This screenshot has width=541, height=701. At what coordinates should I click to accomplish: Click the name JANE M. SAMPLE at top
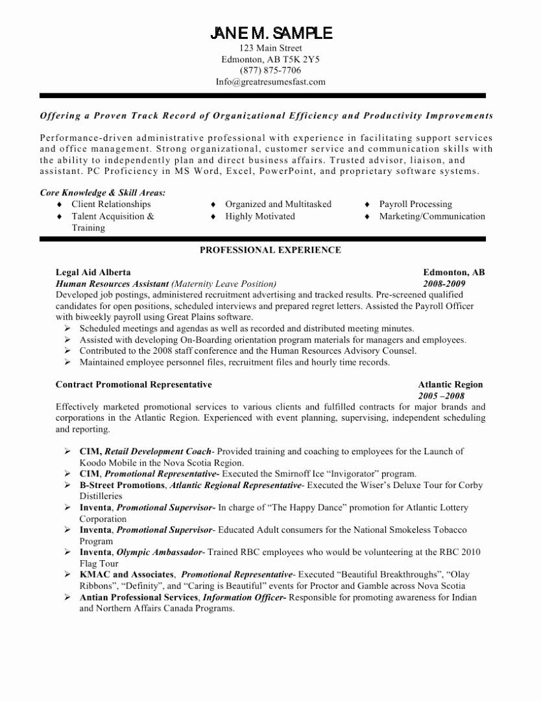tap(270, 33)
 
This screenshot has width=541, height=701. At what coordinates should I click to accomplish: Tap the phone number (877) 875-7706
tap(270, 70)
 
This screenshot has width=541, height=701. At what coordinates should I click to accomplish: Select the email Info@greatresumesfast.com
tap(270, 82)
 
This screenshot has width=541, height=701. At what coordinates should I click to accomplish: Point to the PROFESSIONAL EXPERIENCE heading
tap(270, 250)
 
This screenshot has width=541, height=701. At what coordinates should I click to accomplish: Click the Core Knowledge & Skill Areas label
tap(102, 192)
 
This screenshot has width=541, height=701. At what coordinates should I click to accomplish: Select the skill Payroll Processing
tap(416, 204)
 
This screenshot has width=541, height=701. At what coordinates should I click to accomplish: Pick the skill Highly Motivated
tap(260, 216)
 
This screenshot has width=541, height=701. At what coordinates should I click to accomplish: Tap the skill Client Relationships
tap(111, 204)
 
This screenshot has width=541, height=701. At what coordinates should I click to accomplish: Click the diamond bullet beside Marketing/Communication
tap(367, 217)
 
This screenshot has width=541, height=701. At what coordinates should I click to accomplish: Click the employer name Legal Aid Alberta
tap(93, 273)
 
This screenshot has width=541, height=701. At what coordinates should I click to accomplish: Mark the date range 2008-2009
tap(444, 284)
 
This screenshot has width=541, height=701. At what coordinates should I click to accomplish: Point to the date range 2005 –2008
tap(441, 395)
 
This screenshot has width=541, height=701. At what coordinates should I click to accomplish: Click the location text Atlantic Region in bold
tap(450, 384)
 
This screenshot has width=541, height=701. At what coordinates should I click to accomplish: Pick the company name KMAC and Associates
tap(126, 574)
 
